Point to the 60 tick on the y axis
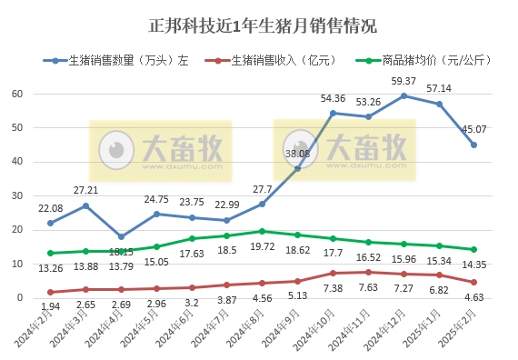[16, 94]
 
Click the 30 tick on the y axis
[16, 195]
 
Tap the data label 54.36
[334, 98]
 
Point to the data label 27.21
[86, 192]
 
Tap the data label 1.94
[51, 309]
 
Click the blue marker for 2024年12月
[403, 95]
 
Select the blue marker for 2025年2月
[473, 145]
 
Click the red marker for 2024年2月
[51, 292]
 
